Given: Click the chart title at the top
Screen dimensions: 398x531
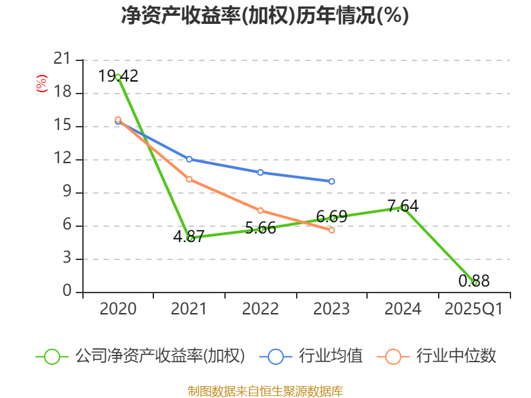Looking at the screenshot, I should coord(265,16).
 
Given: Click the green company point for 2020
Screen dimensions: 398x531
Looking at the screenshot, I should coord(118,77).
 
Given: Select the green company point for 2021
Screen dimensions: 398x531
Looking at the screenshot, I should coord(190,238).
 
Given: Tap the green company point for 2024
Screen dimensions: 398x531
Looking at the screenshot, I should coord(404,208).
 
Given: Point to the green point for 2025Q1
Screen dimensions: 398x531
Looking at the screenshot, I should coord(475,283).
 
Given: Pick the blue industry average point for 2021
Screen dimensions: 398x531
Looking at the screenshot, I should coord(189,159).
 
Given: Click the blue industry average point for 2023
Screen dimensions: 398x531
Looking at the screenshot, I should coord(332,181).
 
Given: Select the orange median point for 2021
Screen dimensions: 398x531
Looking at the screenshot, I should coord(189,179).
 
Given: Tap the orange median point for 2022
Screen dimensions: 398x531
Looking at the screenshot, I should coord(261,210).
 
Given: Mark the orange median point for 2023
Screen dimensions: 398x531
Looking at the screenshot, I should coord(332,230).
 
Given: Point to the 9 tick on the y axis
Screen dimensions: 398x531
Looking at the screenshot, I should coord(66,192).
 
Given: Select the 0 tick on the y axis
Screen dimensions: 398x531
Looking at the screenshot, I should coord(66,292).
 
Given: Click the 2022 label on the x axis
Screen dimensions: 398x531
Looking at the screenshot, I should coord(261,309).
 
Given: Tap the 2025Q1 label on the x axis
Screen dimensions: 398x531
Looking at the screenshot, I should coord(474,309).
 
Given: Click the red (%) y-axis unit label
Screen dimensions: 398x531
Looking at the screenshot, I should coord(42,84).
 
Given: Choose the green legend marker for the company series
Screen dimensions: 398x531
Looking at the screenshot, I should coord(52,356).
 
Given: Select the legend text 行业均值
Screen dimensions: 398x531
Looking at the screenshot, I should coord(331,356).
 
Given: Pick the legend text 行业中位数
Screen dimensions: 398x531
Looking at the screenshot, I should coord(456,356).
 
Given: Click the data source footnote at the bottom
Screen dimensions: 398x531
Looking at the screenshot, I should coord(265,391).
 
